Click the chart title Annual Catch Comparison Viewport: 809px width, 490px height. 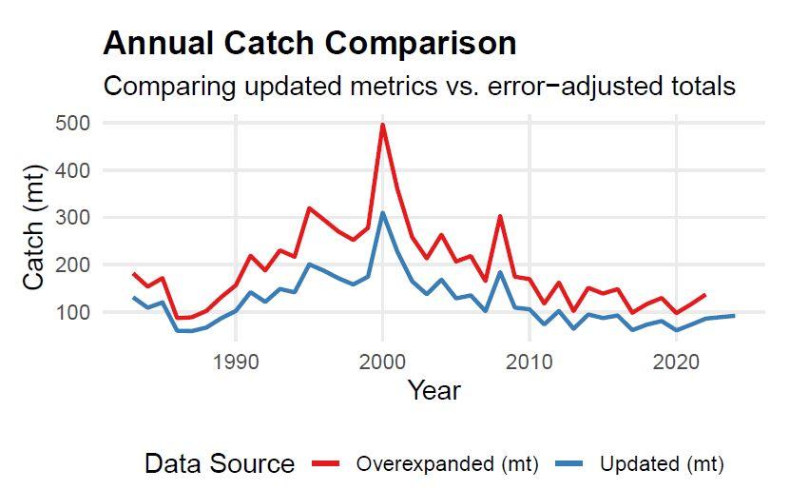(x=310, y=44)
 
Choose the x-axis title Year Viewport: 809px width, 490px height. (x=433, y=390)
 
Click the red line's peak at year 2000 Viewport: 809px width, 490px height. (x=382, y=125)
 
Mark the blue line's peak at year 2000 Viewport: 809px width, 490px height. (x=382, y=213)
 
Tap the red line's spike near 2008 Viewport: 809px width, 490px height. (x=500, y=217)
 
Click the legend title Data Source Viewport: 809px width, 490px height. (x=220, y=464)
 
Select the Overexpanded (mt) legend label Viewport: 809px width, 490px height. (x=447, y=464)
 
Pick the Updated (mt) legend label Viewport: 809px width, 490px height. (x=662, y=464)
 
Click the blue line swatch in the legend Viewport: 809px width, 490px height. (x=575, y=464)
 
